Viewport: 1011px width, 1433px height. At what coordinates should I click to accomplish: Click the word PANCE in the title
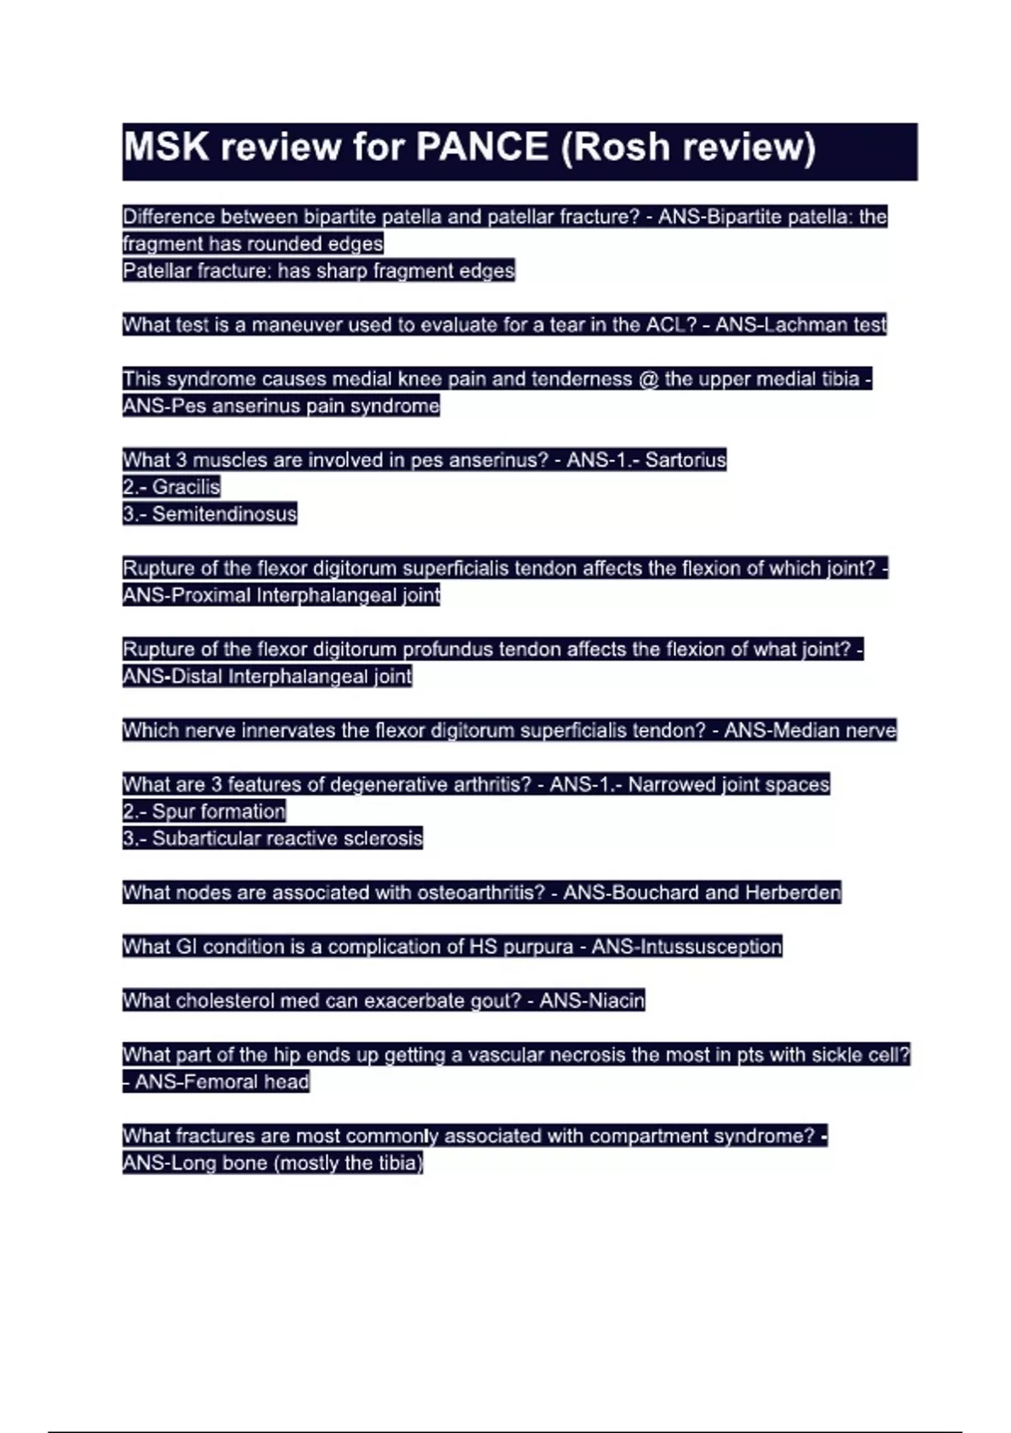(482, 148)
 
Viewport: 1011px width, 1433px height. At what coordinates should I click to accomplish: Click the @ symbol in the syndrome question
(648, 379)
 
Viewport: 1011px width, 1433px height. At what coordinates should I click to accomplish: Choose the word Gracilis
(186, 487)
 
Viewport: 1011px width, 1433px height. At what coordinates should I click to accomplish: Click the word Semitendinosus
(224, 514)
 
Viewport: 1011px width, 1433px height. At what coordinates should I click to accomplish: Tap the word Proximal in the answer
(211, 595)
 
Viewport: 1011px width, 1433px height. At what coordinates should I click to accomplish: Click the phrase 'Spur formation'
(218, 812)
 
